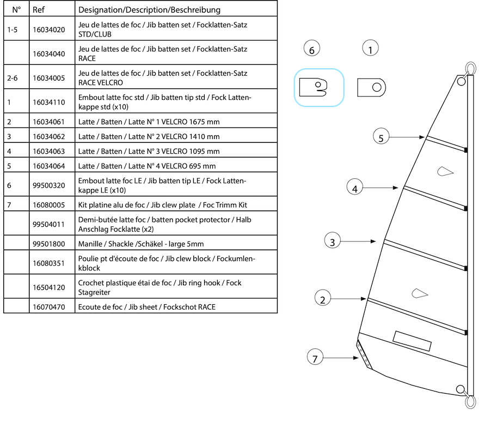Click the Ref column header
tap(38, 10)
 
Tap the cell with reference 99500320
tap(49, 185)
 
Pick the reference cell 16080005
tap(49, 205)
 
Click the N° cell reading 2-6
tap(14, 78)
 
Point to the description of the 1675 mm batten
tap(149, 122)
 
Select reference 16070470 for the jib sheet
tap(48, 307)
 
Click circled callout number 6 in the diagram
tap(311, 50)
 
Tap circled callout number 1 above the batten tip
tap(370, 50)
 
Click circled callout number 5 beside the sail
tap(381, 137)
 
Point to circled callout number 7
tap(315, 358)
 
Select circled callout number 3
tap(332, 240)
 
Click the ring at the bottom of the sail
tap(469, 401)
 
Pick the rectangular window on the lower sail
tap(412, 341)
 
